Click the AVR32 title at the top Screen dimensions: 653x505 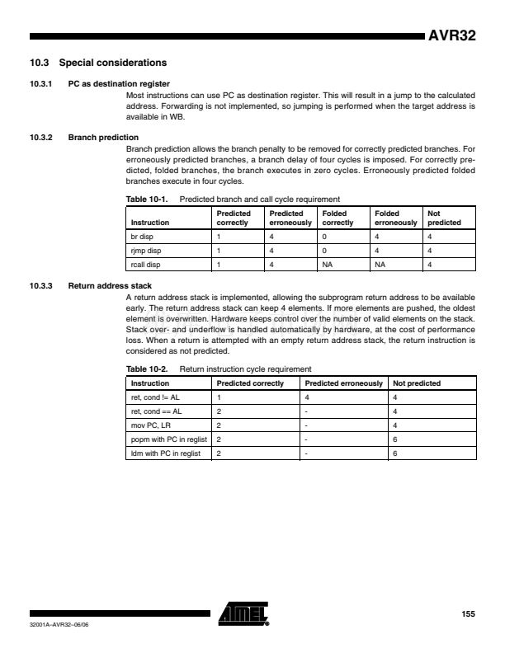point(451,38)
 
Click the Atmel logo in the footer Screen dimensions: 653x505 point(244,613)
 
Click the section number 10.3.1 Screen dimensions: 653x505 point(40,83)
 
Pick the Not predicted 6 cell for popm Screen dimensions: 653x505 point(395,439)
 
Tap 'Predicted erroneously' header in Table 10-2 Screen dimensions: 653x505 point(343,383)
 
